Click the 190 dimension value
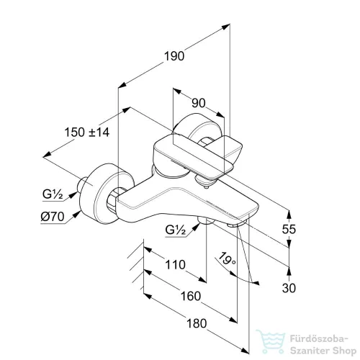(x=174, y=56)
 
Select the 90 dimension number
(x=199, y=103)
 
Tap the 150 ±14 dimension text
(x=87, y=132)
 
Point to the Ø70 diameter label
(x=53, y=217)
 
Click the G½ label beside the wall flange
(x=53, y=194)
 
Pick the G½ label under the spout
(x=176, y=230)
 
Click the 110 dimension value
(x=175, y=265)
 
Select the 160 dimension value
(x=191, y=296)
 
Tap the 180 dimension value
(x=197, y=323)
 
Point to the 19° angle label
(x=227, y=258)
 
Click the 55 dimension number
(x=289, y=229)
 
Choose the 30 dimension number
(x=289, y=288)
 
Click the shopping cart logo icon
(x=271, y=341)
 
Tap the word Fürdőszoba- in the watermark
(x=319, y=339)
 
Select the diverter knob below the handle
(x=204, y=181)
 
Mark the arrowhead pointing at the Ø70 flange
(x=77, y=214)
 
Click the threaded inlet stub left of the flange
(x=82, y=184)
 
